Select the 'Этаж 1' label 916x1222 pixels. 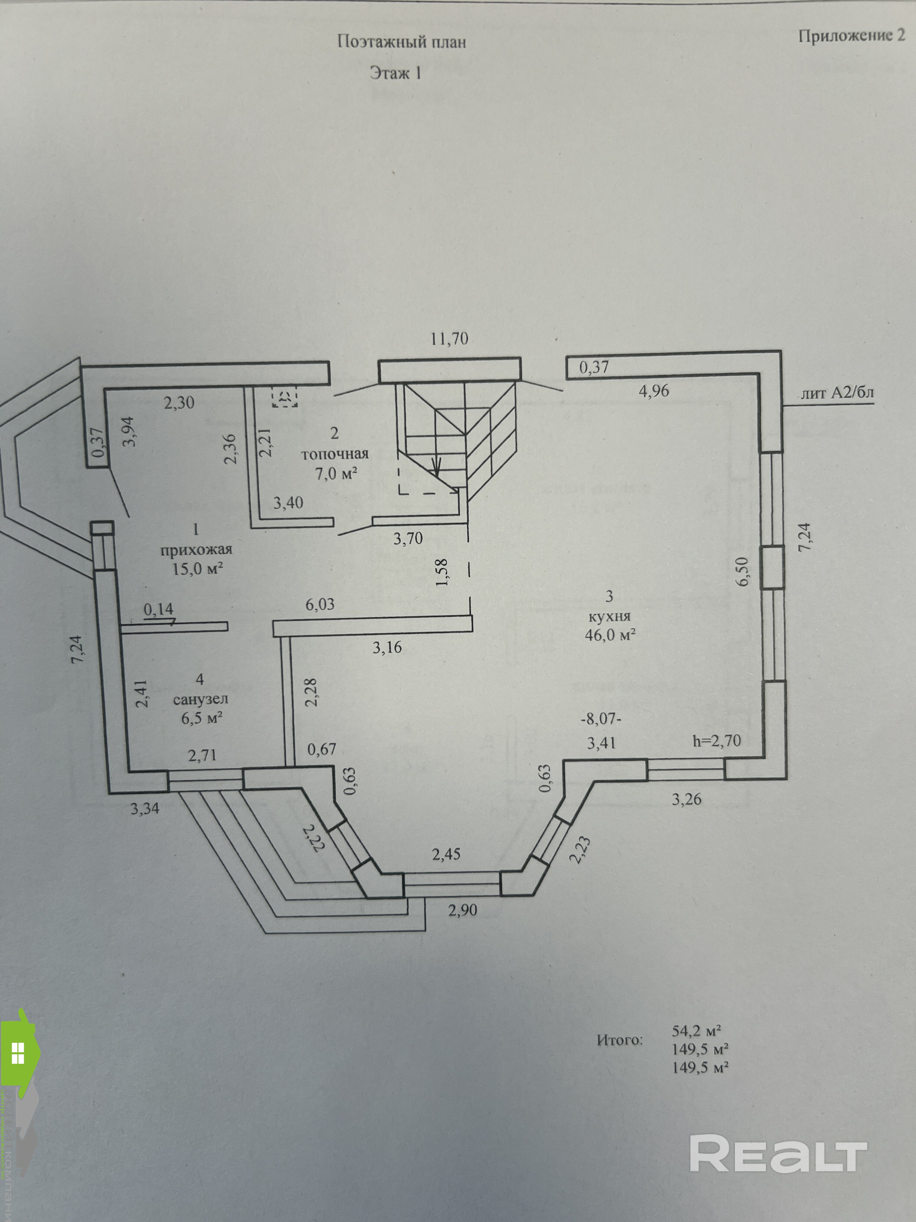[x=395, y=73]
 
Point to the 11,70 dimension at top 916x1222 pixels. [x=449, y=339]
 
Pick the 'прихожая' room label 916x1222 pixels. [x=196, y=550]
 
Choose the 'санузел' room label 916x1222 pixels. [x=201, y=699]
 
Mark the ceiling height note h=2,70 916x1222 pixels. [x=717, y=740]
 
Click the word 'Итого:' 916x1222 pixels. [x=619, y=1040]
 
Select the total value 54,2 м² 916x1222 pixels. [x=697, y=1030]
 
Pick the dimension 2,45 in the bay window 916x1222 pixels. [x=446, y=855]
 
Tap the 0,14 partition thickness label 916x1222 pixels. [x=158, y=609]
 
